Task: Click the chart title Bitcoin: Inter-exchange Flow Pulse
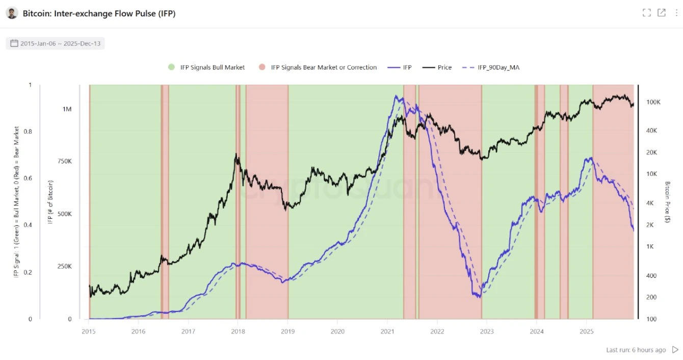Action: point(99,14)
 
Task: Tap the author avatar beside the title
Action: point(12,13)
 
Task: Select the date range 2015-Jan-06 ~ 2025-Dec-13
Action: point(56,43)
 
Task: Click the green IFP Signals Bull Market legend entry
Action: point(206,67)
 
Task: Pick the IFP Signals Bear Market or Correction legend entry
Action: point(318,67)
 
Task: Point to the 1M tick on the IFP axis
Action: point(67,109)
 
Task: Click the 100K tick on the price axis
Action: point(653,102)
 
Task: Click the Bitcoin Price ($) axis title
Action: point(668,202)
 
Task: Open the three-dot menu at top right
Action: point(676,13)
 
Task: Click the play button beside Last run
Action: point(675,350)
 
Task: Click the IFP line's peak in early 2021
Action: point(396,96)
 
